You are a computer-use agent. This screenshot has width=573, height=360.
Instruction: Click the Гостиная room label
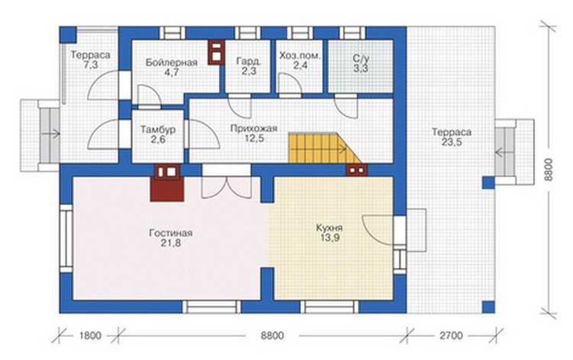pyautogui.click(x=171, y=238)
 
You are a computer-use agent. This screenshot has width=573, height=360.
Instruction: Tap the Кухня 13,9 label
pyautogui.click(x=329, y=233)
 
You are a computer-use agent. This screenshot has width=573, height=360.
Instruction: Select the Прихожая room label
pyautogui.click(x=254, y=133)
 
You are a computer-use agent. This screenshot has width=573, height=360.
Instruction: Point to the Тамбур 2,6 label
pyautogui.click(x=157, y=134)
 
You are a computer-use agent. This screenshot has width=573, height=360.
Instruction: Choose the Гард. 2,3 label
pyautogui.click(x=249, y=65)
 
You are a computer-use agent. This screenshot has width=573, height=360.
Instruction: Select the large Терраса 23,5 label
pyautogui.click(x=451, y=137)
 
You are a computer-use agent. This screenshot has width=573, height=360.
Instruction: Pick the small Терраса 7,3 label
pyautogui.click(x=90, y=60)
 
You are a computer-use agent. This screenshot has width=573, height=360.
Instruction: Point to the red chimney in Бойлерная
pyautogui.click(x=216, y=52)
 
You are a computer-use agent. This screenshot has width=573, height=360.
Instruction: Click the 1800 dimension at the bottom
pyautogui.click(x=90, y=335)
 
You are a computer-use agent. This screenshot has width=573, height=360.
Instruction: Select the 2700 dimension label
pyautogui.click(x=451, y=335)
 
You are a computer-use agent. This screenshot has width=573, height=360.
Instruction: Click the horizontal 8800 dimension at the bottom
pyautogui.click(x=272, y=335)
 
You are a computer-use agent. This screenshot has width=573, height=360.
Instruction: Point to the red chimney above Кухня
pyautogui.click(x=356, y=170)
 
